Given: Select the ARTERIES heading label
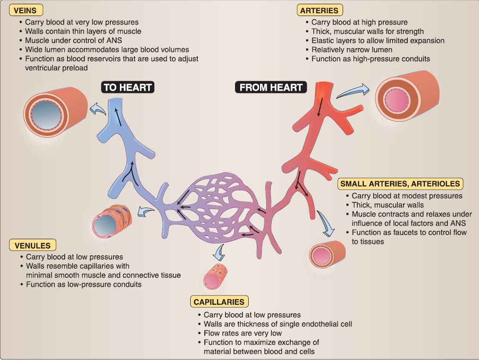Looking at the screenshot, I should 319,9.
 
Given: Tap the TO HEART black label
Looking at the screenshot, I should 127,87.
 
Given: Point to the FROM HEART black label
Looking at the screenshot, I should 270,87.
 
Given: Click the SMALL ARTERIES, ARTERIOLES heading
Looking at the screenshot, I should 400,183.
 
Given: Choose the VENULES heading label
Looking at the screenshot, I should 33,245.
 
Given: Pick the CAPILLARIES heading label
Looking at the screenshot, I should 218,301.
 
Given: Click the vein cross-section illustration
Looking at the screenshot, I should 55,110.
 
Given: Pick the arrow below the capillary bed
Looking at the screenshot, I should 218,252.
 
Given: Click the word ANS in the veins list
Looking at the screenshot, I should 115,40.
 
